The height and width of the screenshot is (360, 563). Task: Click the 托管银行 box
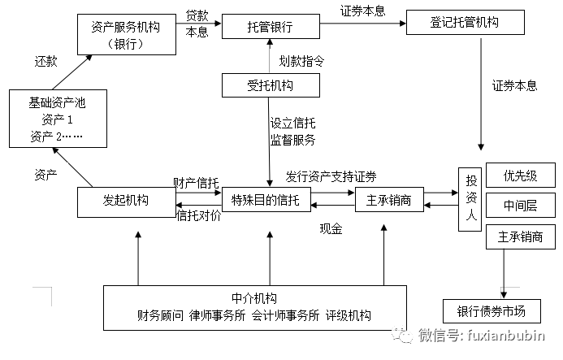pos(270,27)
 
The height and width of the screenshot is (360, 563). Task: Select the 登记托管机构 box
pos(464,22)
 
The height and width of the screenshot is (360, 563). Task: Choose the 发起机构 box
pos(123,202)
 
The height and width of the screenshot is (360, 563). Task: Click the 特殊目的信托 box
pos(270,200)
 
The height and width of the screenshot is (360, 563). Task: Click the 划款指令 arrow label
pos(301,60)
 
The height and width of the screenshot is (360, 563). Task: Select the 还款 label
pos(45,62)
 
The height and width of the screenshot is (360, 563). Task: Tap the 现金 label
pos(331,229)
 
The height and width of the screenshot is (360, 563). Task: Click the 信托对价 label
pos(197,215)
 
